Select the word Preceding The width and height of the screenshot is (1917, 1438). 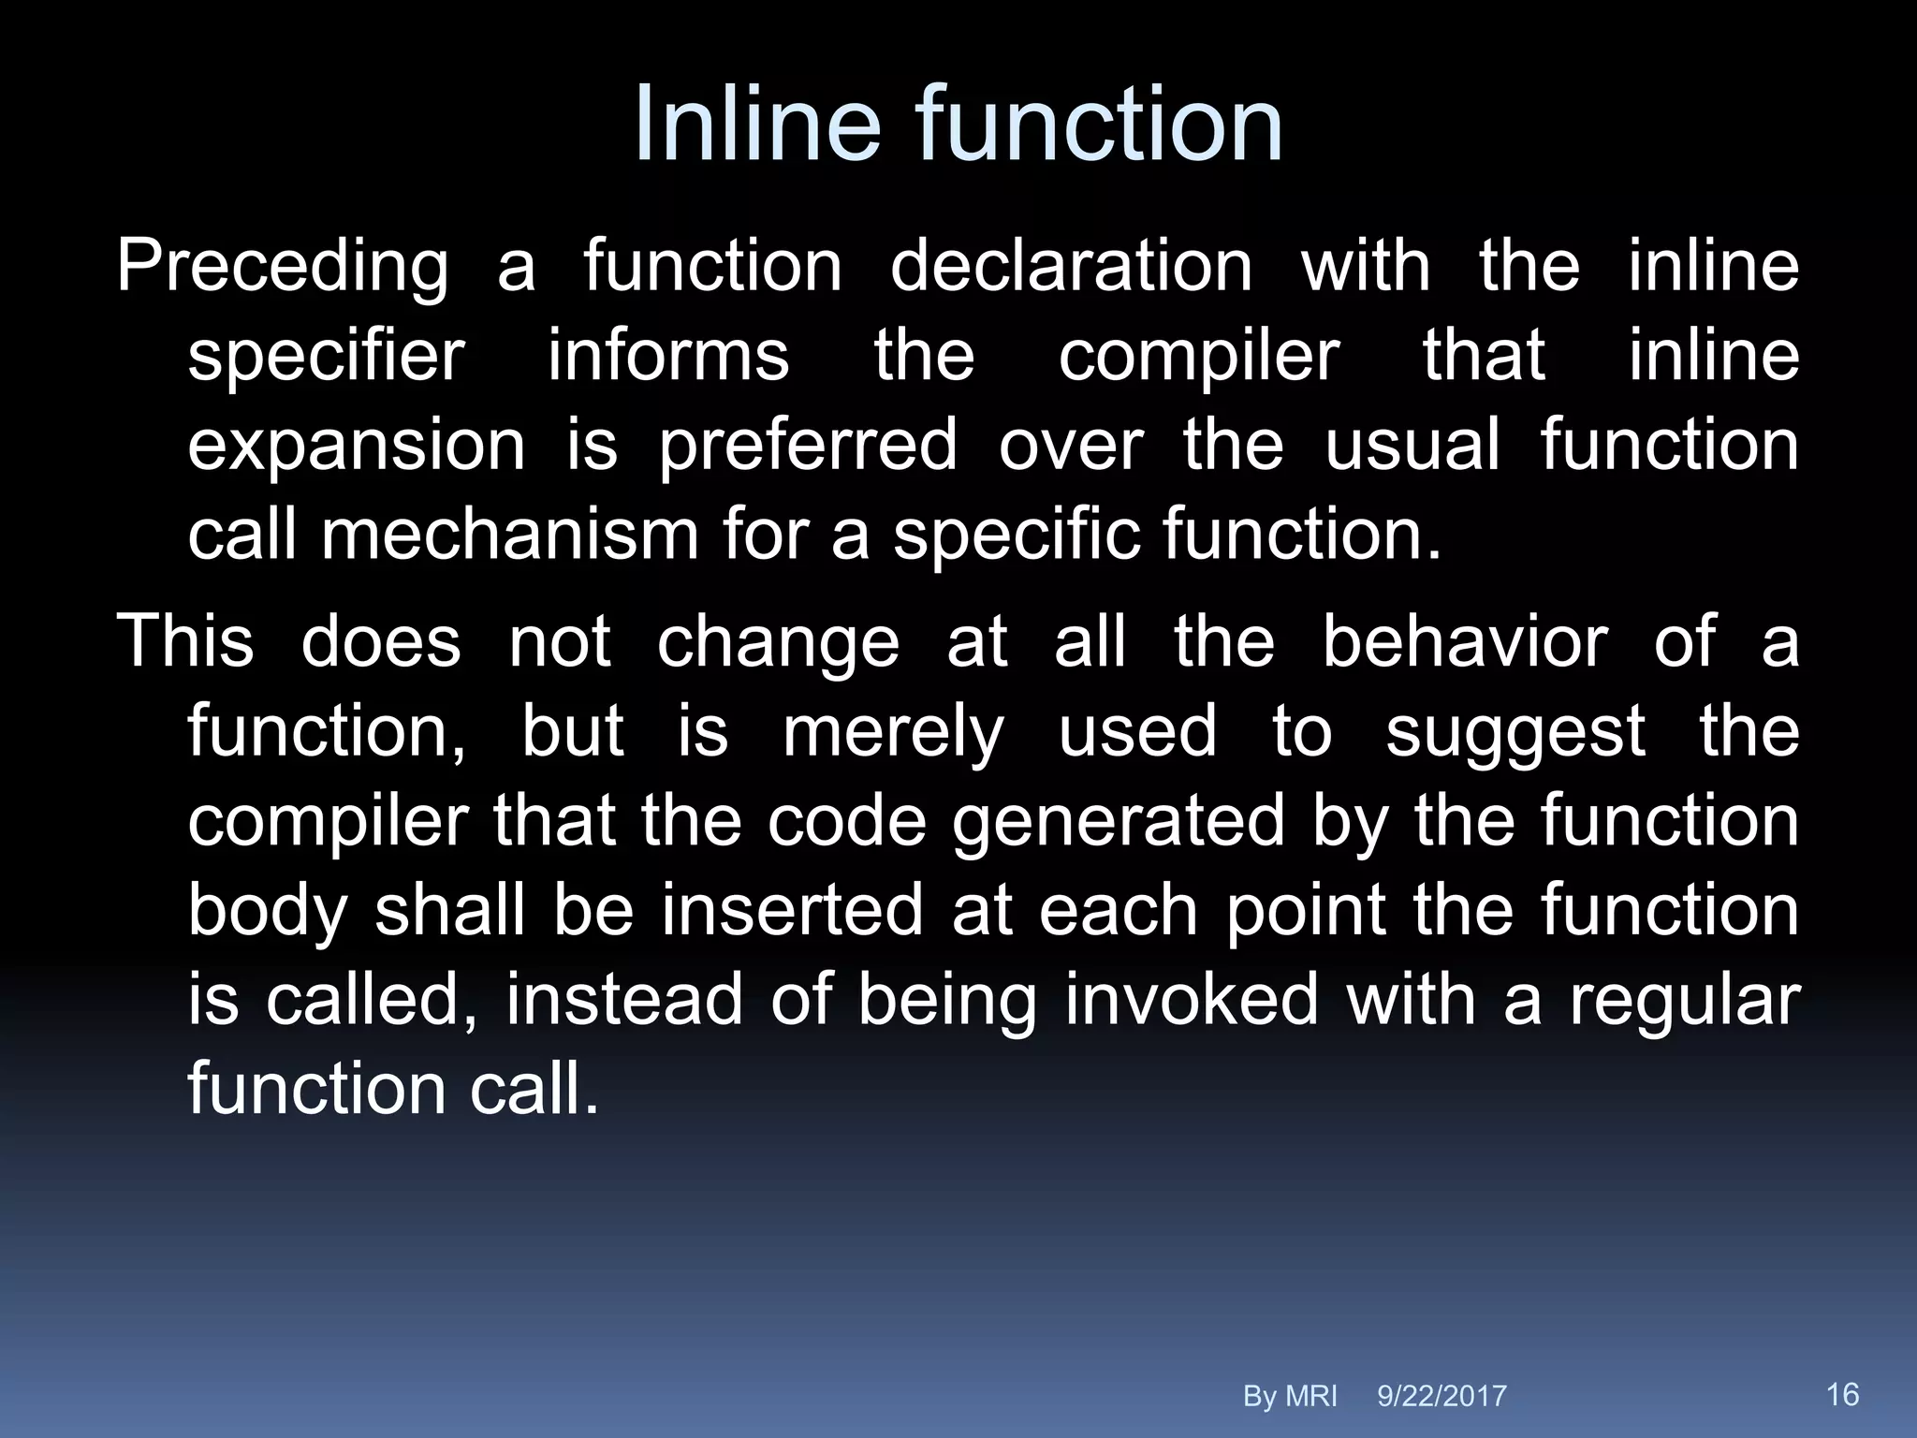(x=282, y=268)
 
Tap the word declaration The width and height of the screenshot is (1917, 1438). (x=1071, y=266)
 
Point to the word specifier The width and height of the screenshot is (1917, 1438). (x=326, y=358)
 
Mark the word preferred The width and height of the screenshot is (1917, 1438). (x=808, y=448)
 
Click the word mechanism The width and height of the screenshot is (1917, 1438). (x=509, y=536)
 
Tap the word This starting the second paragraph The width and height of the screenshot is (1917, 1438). (x=184, y=642)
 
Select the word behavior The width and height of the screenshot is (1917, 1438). (x=1465, y=642)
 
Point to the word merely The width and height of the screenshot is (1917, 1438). (x=893, y=733)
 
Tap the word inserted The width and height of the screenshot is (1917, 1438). (x=792, y=911)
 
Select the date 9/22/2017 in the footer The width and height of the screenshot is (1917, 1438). (x=1441, y=1396)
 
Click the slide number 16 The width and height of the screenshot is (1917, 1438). (x=1842, y=1394)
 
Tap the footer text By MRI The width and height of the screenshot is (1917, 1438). (x=1289, y=1396)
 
